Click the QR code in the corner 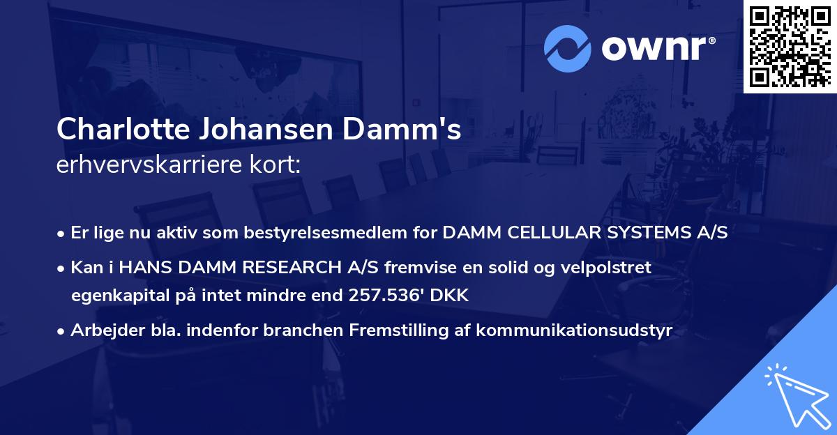click(790, 47)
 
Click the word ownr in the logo click(652, 49)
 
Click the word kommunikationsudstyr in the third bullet click(574, 330)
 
